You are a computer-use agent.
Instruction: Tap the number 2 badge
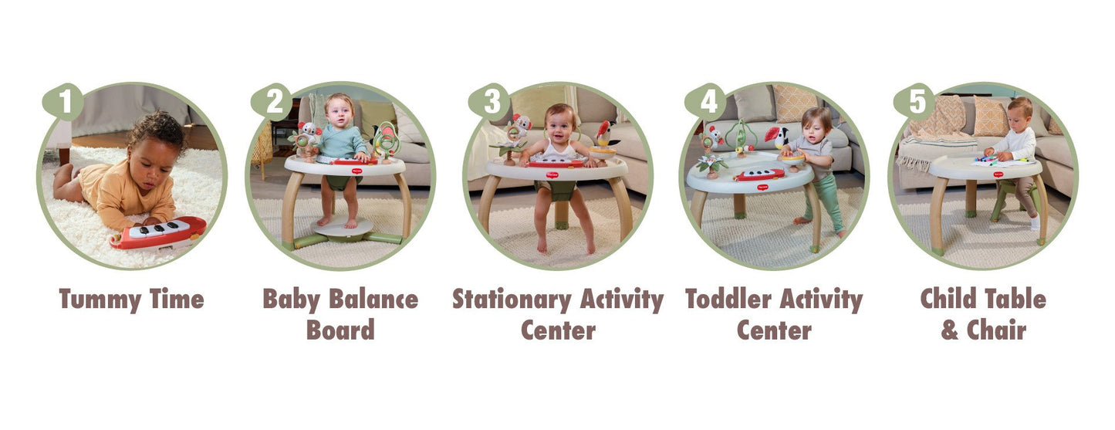tap(271, 102)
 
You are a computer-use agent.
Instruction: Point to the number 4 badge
tap(705, 102)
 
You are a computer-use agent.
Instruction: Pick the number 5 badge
tap(915, 102)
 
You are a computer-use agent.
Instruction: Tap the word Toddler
tap(728, 300)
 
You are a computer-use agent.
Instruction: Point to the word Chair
tap(996, 330)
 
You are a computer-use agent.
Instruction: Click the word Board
tap(340, 330)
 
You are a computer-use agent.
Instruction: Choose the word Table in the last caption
tap(1012, 300)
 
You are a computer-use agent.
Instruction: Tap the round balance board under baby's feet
tap(343, 226)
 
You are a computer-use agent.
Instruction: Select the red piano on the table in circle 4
tap(761, 175)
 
